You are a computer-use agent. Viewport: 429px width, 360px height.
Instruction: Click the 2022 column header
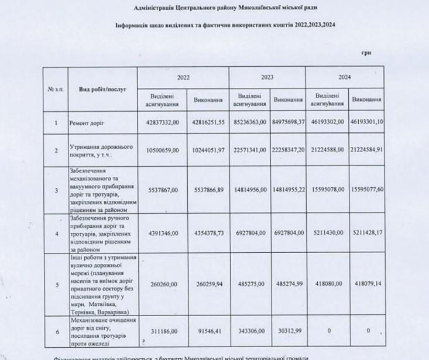coord(183,77)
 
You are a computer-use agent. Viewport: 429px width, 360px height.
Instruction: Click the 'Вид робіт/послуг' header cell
coord(102,88)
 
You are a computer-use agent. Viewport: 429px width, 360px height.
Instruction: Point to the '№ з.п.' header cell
coord(56,88)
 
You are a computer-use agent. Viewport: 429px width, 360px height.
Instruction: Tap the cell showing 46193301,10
coord(367,124)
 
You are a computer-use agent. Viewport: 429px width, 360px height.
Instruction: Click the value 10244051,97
coord(209,150)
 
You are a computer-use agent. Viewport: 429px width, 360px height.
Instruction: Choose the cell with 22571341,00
coord(250,150)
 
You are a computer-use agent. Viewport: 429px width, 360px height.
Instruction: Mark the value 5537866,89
coord(209,190)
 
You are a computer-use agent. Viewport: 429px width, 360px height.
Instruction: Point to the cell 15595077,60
coord(367,190)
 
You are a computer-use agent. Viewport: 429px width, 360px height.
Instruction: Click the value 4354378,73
coord(209,233)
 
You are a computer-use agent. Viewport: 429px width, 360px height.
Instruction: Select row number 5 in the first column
coord(56,285)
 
